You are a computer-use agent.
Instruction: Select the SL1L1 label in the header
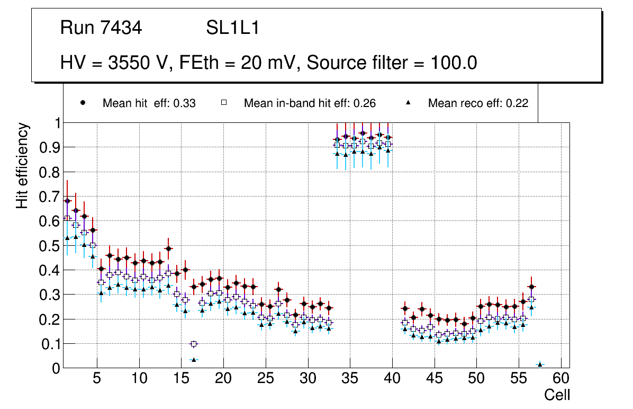click(232, 28)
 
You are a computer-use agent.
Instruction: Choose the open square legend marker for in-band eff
click(224, 103)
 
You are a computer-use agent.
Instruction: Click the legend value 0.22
click(517, 103)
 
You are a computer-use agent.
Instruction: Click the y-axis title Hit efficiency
click(22, 165)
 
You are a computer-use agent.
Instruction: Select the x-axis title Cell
click(557, 395)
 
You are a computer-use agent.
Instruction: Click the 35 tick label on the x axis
click(349, 379)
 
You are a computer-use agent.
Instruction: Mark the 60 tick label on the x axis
click(560, 379)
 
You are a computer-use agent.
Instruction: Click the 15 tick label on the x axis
click(180, 379)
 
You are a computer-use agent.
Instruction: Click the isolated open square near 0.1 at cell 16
click(194, 344)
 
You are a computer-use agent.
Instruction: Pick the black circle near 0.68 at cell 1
click(67, 201)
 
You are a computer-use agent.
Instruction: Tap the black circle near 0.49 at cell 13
click(168, 248)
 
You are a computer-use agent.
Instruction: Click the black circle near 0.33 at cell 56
click(531, 287)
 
